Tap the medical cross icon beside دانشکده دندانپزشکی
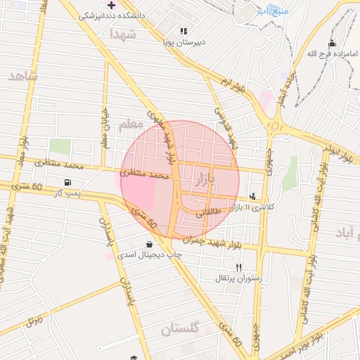(112, 4)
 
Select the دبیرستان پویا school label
(185, 41)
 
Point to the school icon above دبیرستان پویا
(184, 31)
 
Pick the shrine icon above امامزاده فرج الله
(333, 43)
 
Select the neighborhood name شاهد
(22, 75)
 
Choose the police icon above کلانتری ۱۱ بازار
(252, 196)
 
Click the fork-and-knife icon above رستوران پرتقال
(238, 267)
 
